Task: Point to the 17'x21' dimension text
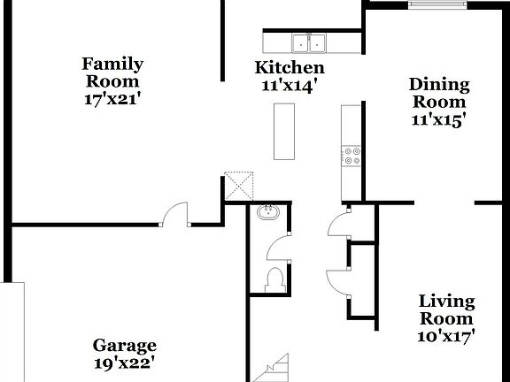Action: click(112, 99)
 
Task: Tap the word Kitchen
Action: click(290, 67)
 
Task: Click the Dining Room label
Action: click(438, 93)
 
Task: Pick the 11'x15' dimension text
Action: click(438, 121)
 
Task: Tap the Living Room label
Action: click(446, 310)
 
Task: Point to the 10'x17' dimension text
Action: click(446, 336)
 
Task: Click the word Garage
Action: click(125, 346)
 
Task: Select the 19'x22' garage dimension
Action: click(125, 363)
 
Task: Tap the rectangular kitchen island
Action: click(283, 132)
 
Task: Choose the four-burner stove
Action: click(352, 156)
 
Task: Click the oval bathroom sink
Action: click(267, 213)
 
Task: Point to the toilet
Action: click(274, 279)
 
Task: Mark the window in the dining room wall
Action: click(437, 4)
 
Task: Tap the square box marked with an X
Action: click(237, 185)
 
